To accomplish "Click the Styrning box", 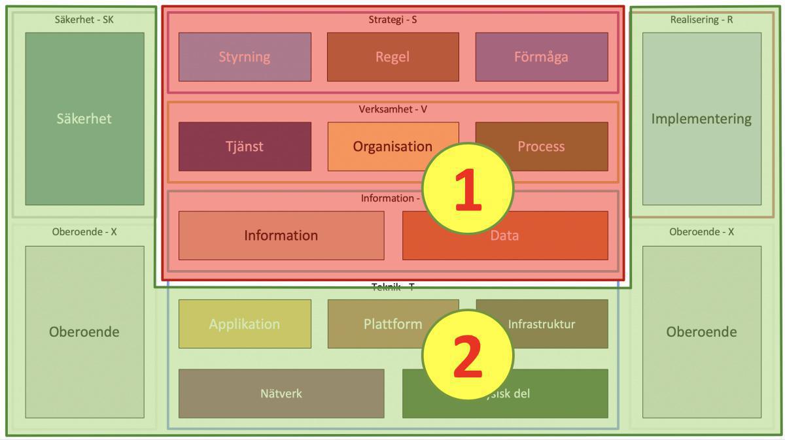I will (245, 57).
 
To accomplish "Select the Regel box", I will (392, 57).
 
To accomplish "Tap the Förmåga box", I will (541, 57).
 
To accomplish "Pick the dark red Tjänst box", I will (245, 146).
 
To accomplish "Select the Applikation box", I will (245, 324).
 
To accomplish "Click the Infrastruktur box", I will (556, 324).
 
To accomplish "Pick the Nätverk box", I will (281, 394).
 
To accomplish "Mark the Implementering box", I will (701, 119).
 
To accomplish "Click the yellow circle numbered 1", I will (468, 188).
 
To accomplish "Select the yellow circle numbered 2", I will (468, 355).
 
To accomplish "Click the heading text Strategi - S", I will (392, 20).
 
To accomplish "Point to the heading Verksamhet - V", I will (392, 109).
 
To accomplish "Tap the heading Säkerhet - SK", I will (84, 20).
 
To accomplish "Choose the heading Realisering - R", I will (701, 20).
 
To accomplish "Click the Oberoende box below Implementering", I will (701, 331).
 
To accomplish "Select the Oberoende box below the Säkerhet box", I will (84, 331).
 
